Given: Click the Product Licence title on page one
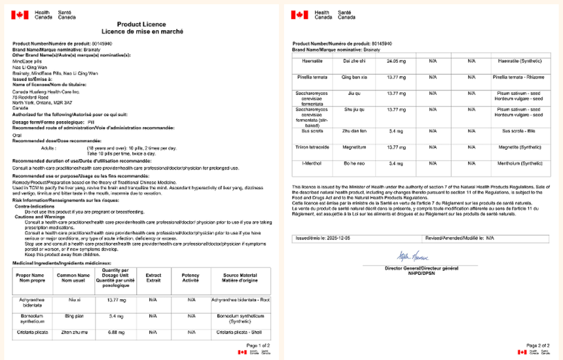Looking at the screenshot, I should pos(141,23).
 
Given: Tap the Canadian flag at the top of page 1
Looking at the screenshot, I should pos(19,14).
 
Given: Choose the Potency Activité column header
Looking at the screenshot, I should pos(191,278).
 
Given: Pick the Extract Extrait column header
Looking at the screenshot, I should pos(153,278).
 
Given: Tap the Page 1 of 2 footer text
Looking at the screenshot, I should pos(256,344).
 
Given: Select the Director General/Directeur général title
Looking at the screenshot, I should pos(421,268).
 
